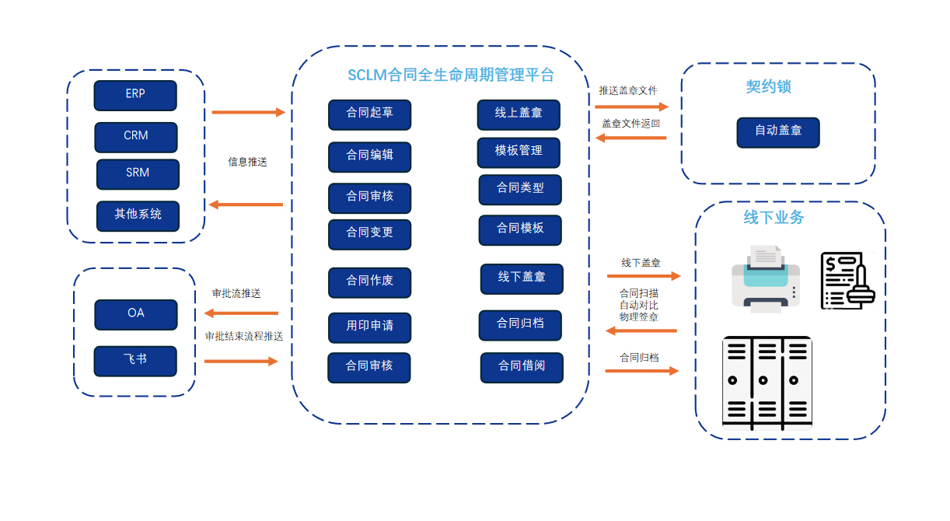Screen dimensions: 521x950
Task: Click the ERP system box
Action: [135, 95]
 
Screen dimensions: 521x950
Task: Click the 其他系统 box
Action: [138, 215]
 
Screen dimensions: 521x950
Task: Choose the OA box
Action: [136, 314]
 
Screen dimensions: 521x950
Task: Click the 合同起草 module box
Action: [369, 114]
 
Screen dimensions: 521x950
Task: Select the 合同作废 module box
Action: [369, 282]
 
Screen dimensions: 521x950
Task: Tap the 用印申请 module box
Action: [369, 327]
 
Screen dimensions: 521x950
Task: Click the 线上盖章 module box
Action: [519, 114]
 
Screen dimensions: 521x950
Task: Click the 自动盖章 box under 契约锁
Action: [778, 132]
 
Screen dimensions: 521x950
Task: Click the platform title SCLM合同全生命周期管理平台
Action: [451, 75]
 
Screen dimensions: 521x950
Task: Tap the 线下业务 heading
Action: [774, 218]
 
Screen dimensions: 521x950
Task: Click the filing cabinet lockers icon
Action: [767, 383]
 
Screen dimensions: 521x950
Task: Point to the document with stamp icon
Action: [847, 280]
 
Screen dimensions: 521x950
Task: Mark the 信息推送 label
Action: [247, 163]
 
